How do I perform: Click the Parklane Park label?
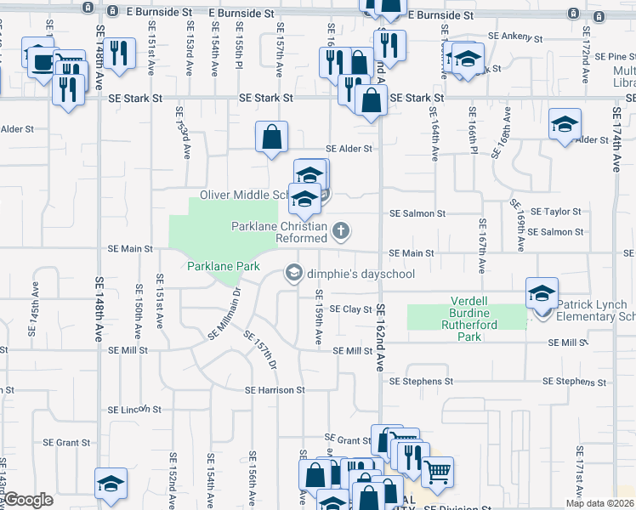click(x=224, y=266)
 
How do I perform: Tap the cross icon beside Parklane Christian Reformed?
click(x=341, y=230)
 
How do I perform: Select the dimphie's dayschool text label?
click(x=361, y=274)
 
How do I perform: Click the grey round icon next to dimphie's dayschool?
click(x=293, y=273)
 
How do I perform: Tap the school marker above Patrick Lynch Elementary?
click(x=541, y=293)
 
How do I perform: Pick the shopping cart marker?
click(x=437, y=472)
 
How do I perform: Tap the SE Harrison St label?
click(x=275, y=390)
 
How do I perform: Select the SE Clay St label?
click(x=351, y=309)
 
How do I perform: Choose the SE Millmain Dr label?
click(x=225, y=314)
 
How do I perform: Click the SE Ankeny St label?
click(x=515, y=37)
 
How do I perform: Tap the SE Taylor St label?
click(x=556, y=212)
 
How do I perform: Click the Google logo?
click(x=28, y=500)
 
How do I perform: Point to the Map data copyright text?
click(x=599, y=503)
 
